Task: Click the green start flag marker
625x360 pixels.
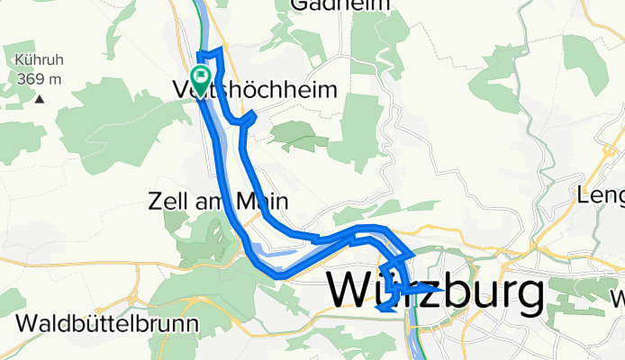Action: coord(200,76)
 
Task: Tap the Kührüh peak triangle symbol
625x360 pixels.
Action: coord(40,97)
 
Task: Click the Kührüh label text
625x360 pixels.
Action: coord(38,62)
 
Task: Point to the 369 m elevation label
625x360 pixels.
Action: coord(38,78)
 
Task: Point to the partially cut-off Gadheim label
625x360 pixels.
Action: coord(340,5)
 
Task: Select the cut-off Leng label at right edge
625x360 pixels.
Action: coord(602,194)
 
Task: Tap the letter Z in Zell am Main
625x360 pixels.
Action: coord(155,202)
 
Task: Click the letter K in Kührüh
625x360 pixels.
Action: coord(19,62)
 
